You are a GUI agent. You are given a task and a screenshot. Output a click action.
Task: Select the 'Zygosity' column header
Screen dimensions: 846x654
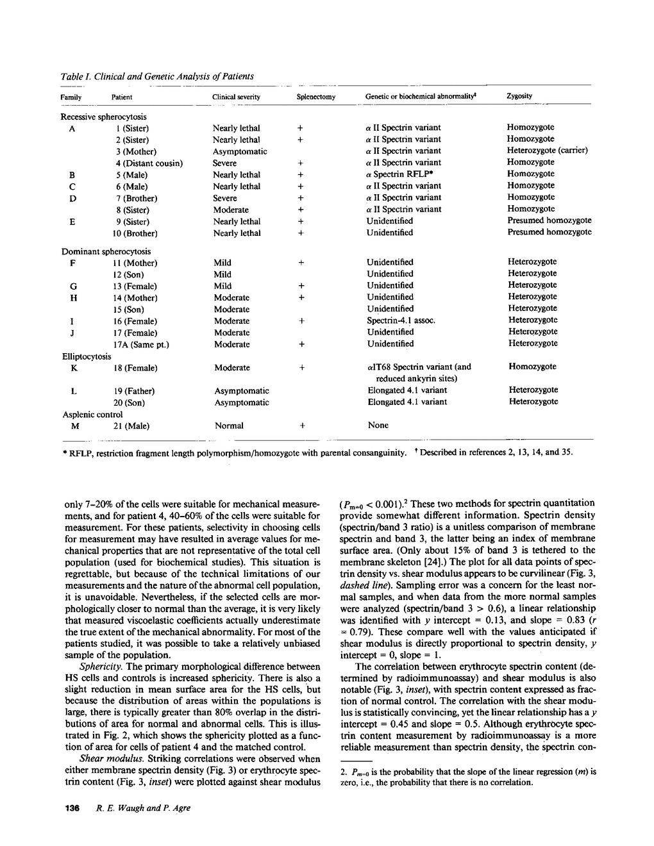point(519,96)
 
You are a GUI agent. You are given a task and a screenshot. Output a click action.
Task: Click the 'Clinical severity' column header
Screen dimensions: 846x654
point(236,97)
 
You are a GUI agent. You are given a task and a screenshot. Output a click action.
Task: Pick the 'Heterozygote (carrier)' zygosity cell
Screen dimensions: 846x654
point(548,151)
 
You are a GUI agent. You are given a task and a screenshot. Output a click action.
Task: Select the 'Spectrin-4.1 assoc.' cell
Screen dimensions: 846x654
point(401,320)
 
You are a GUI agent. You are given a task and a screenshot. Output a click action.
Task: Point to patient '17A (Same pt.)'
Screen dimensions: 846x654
point(140,345)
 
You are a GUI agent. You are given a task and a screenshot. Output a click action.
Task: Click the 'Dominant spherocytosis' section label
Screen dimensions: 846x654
point(106,251)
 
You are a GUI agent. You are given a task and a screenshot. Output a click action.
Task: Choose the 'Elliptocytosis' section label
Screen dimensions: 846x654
point(87,356)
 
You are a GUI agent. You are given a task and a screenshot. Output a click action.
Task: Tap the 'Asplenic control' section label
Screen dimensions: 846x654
point(92,415)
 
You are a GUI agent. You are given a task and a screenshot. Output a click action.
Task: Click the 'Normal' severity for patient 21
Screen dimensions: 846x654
point(229,426)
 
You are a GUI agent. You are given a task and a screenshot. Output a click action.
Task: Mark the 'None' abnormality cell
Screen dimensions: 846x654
point(378,425)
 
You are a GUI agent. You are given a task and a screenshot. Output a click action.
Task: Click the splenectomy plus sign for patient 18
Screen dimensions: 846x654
point(301,368)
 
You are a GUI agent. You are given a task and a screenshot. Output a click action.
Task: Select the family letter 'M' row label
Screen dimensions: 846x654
point(74,426)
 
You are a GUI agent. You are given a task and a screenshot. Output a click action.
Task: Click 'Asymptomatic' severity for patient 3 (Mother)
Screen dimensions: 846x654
point(240,152)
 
